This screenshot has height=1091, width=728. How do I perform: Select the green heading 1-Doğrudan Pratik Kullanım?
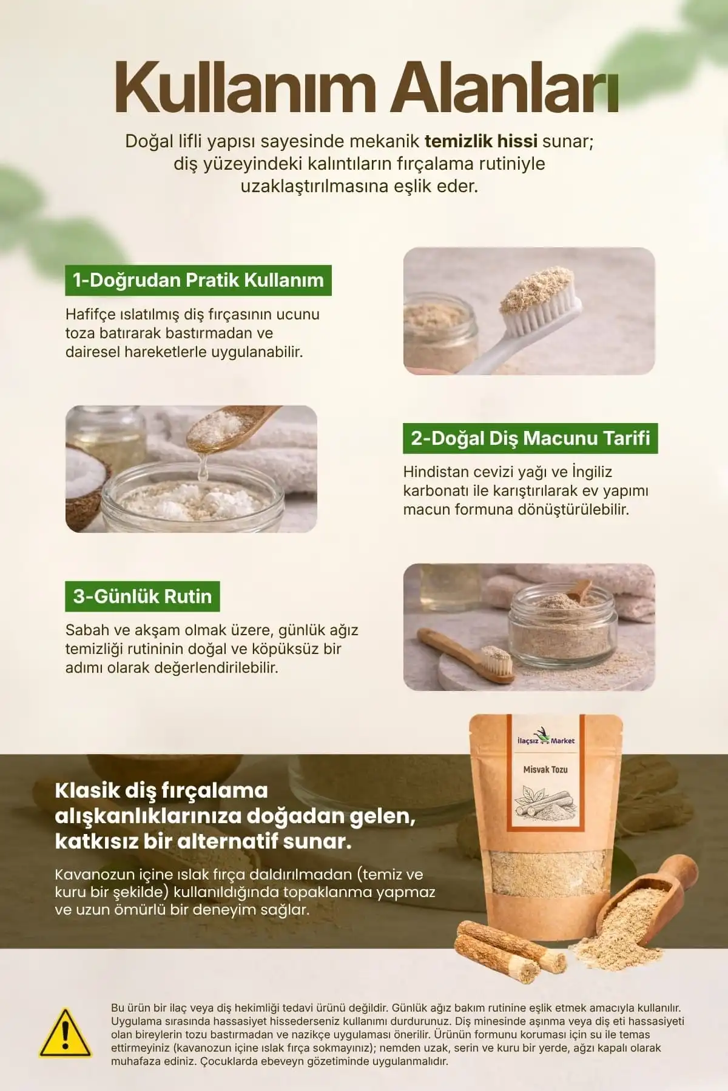pos(198,280)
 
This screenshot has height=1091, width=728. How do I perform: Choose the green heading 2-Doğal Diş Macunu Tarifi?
pos(530,438)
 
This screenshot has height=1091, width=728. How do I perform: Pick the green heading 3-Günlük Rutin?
pos(143,596)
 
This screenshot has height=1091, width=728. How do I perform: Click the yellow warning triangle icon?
pos(66,1033)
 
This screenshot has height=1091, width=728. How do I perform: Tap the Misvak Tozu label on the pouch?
pos(545,769)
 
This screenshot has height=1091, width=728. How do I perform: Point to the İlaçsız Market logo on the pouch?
pos(545,740)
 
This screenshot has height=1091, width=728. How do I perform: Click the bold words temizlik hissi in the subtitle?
pos(481,141)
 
